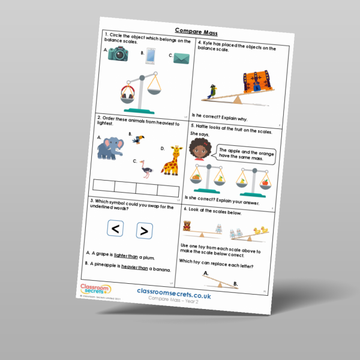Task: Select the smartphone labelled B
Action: click(x=151, y=56)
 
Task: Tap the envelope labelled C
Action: click(x=182, y=58)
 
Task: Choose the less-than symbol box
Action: click(x=116, y=229)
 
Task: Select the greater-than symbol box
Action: click(x=143, y=230)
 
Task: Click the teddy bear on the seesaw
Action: click(x=187, y=226)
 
